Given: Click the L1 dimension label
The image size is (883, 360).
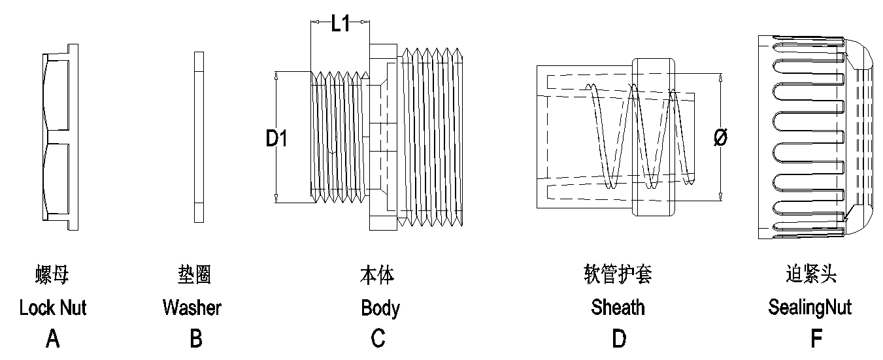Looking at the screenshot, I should [x=340, y=24].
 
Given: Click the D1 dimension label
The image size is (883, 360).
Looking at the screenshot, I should [x=276, y=139].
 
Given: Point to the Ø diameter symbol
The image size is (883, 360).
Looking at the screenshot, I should [x=721, y=138].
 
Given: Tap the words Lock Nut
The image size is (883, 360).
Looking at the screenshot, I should [x=53, y=307].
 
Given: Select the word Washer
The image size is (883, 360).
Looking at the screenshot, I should [x=192, y=307].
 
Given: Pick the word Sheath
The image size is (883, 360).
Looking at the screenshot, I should [x=618, y=307].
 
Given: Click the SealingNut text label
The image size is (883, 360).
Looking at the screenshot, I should [x=810, y=307].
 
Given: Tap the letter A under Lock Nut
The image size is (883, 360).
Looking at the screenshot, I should [x=53, y=338].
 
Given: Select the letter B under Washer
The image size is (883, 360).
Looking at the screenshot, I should [x=195, y=338].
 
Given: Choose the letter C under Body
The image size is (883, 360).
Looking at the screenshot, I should [x=378, y=338].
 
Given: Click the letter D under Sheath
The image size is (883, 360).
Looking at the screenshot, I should [x=618, y=338].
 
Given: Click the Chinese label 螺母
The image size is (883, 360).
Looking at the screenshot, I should [x=52, y=275].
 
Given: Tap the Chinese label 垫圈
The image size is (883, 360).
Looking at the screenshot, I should [x=194, y=275].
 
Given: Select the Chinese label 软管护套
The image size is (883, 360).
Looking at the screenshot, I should [x=618, y=275].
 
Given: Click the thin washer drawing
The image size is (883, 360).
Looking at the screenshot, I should [x=199, y=138].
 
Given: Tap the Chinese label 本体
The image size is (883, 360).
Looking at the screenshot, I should [x=378, y=275].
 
